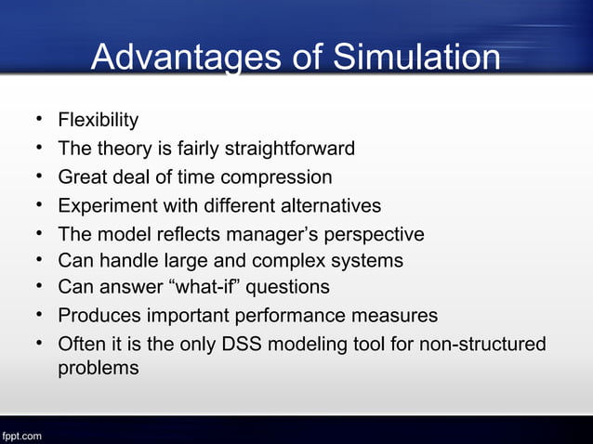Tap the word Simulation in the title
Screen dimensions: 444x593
[415, 59]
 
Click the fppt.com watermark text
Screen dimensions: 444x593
[20, 435]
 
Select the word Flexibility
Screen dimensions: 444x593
[99, 120]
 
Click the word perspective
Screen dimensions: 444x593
[377, 234]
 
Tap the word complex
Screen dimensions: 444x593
[297, 261]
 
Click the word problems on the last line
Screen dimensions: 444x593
[99, 368]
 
